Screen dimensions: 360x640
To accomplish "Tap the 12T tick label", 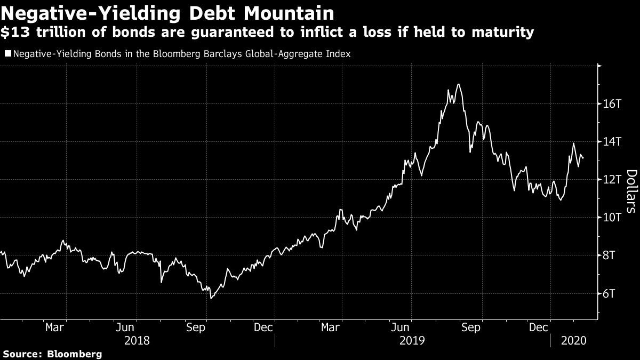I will click(611, 179).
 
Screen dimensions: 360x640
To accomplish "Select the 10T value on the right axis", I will click(611, 217).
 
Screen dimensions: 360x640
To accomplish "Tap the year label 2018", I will click(137, 339).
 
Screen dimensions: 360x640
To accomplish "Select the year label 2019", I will click(412, 339).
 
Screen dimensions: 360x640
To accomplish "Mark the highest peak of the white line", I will click(459, 84).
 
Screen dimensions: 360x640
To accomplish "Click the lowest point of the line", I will click(211, 298).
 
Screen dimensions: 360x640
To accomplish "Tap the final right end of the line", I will click(583, 158).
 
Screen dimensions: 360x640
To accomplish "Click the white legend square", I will click(7, 54).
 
